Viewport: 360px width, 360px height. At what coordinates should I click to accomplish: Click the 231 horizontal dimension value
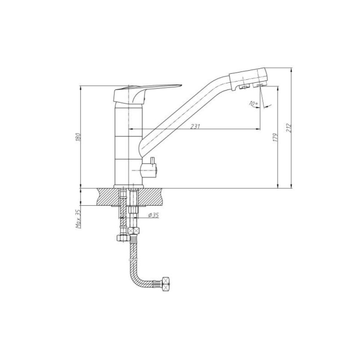[195, 126]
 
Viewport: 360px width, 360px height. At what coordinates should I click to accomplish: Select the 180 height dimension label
[78, 137]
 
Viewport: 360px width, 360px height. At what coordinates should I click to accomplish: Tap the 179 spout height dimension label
[276, 137]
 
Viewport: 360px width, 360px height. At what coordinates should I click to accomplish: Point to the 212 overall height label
[288, 128]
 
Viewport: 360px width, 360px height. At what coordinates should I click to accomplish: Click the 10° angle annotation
[254, 103]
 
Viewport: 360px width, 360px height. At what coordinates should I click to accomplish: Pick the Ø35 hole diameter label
[153, 216]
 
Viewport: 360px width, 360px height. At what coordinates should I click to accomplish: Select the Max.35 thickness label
[78, 219]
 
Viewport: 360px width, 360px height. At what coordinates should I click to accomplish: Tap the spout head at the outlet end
[248, 77]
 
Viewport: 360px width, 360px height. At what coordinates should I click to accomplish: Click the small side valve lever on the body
[153, 161]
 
